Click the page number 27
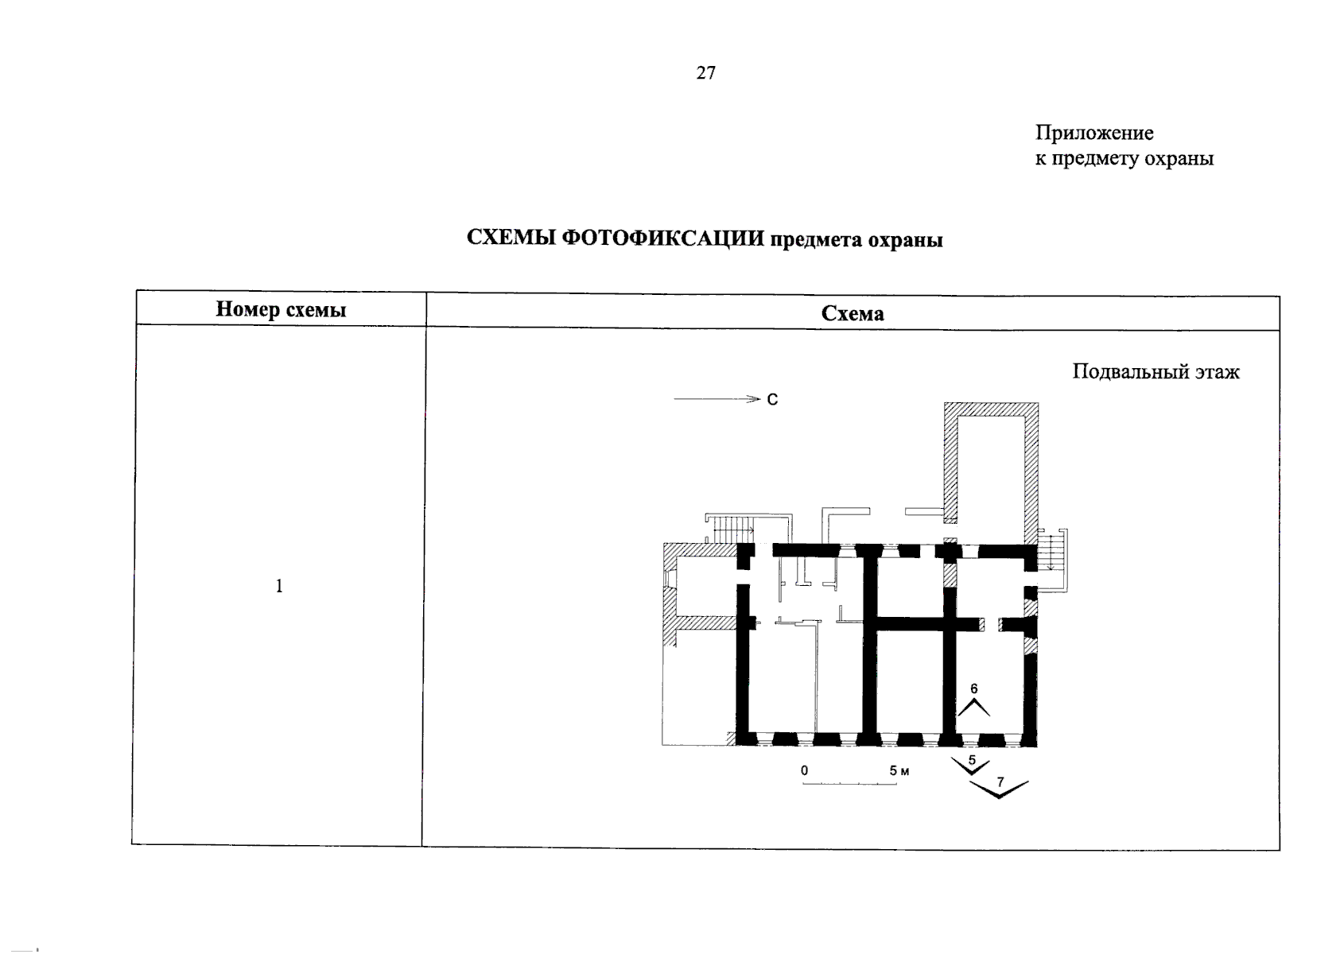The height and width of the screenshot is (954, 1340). (x=705, y=73)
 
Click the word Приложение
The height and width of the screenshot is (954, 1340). (x=1093, y=133)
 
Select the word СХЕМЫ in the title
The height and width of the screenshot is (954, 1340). (x=511, y=238)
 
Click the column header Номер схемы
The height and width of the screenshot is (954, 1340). (x=281, y=309)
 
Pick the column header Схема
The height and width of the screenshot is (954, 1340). (x=852, y=313)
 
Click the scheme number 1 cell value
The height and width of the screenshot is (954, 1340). (x=279, y=587)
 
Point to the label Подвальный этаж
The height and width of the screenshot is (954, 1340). (x=1155, y=371)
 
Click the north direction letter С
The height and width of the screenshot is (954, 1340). (x=772, y=400)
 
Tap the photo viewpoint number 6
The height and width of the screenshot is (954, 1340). (x=973, y=690)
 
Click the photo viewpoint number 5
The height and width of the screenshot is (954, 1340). (x=971, y=760)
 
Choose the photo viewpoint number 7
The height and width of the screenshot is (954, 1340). (x=1000, y=782)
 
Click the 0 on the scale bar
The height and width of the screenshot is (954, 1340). (x=805, y=771)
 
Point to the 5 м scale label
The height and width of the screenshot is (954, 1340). (x=899, y=771)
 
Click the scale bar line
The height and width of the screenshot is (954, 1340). (x=849, y=784)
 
